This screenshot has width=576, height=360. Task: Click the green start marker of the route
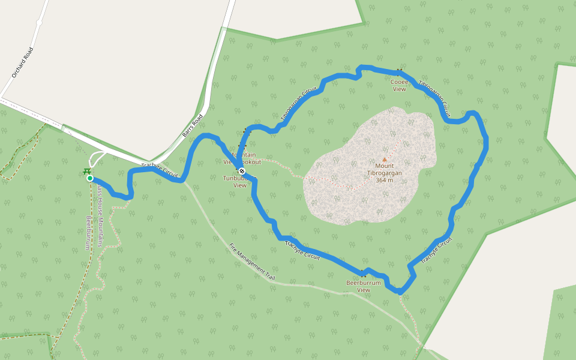point(90,178)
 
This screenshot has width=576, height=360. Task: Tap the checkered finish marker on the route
point(241,171)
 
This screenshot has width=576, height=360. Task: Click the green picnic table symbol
point(87,172)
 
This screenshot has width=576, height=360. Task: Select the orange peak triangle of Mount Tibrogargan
point(385,160)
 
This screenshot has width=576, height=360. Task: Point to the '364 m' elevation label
point(385,180)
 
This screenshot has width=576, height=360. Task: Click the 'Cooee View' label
point(400,85)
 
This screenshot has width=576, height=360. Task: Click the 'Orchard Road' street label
point(22,62)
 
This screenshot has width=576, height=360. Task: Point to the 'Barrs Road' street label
point(193,126)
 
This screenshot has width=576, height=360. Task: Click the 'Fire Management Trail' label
point(251,262)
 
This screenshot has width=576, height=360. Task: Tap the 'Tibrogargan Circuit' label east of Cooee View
point(434,98)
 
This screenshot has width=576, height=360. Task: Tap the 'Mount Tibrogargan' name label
point(385,169)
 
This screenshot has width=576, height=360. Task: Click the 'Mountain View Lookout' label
point(242,158)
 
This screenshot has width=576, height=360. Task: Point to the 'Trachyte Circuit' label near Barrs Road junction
point(160,170)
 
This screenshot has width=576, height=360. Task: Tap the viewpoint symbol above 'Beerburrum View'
point(363,275)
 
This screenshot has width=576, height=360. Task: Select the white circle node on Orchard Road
point(39,22)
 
